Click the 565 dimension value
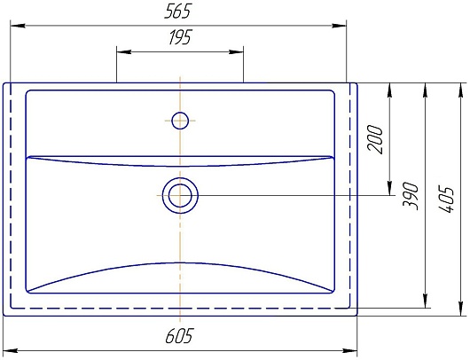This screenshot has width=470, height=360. point(177,12)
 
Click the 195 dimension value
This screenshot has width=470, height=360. point(179,37)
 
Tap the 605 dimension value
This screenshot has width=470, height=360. point(179,335)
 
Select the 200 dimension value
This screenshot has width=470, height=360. point(375,140)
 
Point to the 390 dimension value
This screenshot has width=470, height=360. point(410,196)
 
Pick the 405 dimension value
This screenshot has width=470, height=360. point(446,200)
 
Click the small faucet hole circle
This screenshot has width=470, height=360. point(180,121)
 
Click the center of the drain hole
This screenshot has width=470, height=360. point(180,195)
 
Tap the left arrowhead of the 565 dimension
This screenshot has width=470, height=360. point(18,26)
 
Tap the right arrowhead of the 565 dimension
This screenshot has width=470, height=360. point(339,26)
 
